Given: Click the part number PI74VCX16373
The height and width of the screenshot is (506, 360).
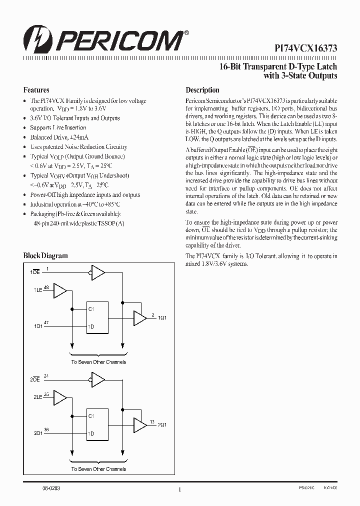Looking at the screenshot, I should pos(306,48).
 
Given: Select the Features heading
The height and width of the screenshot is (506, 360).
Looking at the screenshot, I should pos(36,90).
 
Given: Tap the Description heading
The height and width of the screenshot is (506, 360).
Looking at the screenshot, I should pos(202,90).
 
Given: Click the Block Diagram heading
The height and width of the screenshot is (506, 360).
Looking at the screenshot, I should pos(45,255).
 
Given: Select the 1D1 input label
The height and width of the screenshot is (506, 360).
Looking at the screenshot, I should pos(38,326).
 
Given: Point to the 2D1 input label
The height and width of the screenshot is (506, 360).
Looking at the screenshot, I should pos(38,433).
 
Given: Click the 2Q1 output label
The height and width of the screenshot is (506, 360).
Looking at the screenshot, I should pos(162,425).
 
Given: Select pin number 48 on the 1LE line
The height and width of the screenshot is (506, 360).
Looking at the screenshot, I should pos(46,287).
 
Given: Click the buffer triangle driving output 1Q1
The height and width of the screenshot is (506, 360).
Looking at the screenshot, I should pos(138,317).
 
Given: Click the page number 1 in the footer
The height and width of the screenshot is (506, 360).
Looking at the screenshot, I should pos(179,490).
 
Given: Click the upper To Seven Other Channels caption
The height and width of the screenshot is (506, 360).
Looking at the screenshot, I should pos(98,361).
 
